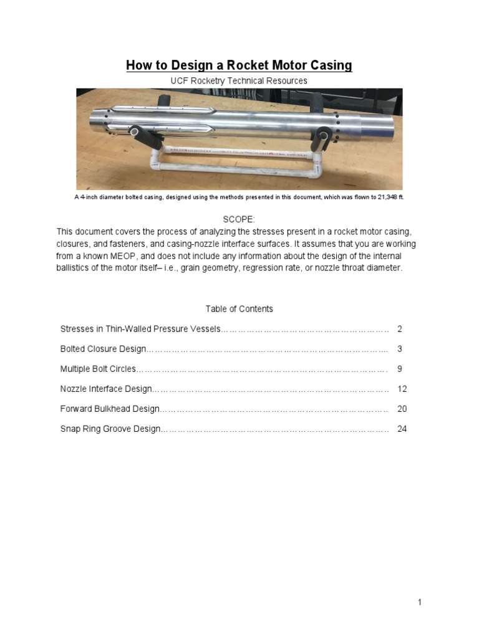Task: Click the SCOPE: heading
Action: pos(239,219)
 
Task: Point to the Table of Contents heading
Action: pos(239,308)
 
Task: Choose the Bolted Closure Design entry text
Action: pos(103,349)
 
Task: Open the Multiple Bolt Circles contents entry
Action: pos(97,369)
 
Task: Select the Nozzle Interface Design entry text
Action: pos(105,389)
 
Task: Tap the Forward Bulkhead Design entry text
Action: pos(110,409)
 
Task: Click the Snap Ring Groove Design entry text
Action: pos(110,429)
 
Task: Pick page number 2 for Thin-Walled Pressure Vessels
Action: pos(400,329)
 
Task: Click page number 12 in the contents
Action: pos(402,389)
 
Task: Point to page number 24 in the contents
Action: pos(402,429)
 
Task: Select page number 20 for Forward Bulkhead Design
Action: pos(402,409)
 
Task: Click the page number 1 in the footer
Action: pos(420,602)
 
